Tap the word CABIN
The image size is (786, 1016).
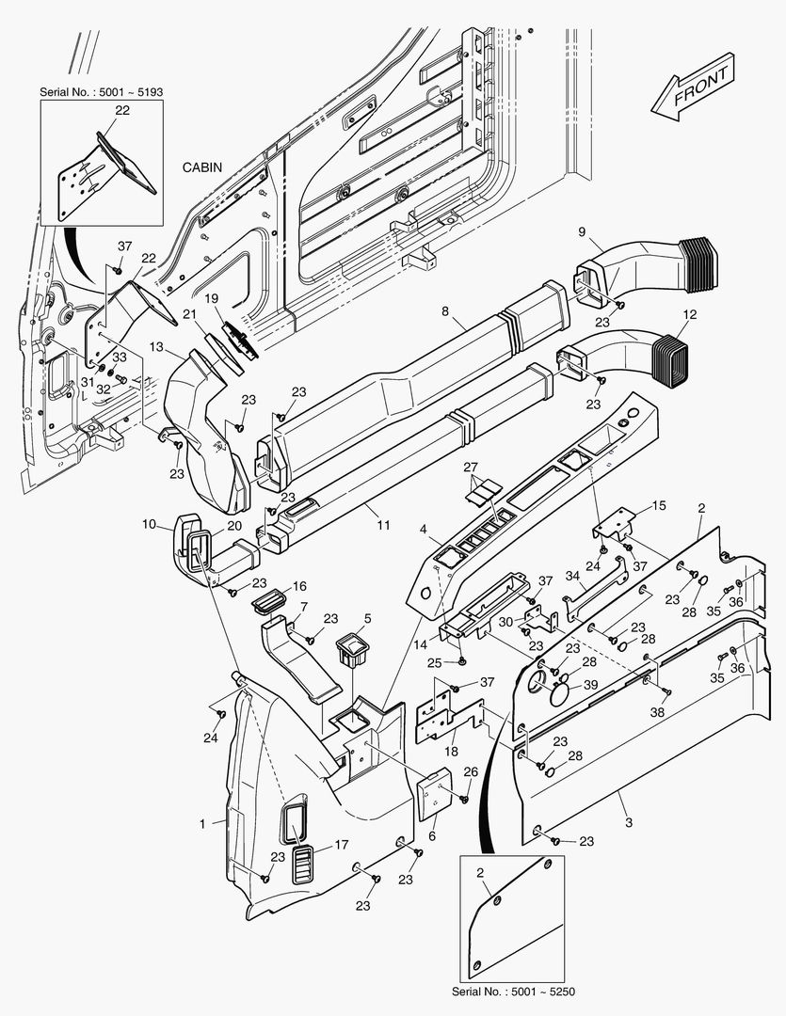pyautogui.click(x=202, y=167)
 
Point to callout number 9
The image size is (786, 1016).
pyautogui.click(x=581, y=231)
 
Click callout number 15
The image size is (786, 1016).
pyautogui.click(x=659, y=506)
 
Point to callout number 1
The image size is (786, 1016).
pyautogui.click(x=202, y=823)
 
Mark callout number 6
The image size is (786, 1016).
pyautogui.click(x=432, y=836)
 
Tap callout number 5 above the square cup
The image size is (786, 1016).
pyautogui.click(x=367, y=618)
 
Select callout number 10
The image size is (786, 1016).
pyautogui.click(x=149, y=523)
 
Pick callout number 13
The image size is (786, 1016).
pyautogui.click(x=155, y=347)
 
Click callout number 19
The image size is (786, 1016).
pyautogui.click(x=213, y=298)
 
